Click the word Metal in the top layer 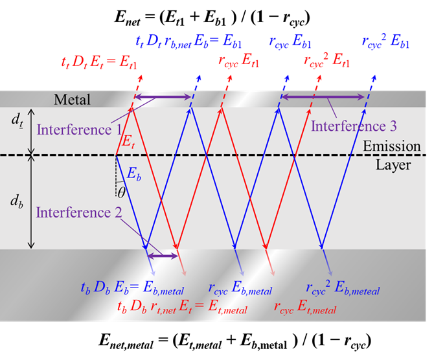[73, 100]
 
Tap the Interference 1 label [76, 130]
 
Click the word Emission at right [391, 146]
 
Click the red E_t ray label [131, 138]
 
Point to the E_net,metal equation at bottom [217, 339]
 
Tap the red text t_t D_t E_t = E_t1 [98, 63]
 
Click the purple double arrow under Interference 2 [163, 256]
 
